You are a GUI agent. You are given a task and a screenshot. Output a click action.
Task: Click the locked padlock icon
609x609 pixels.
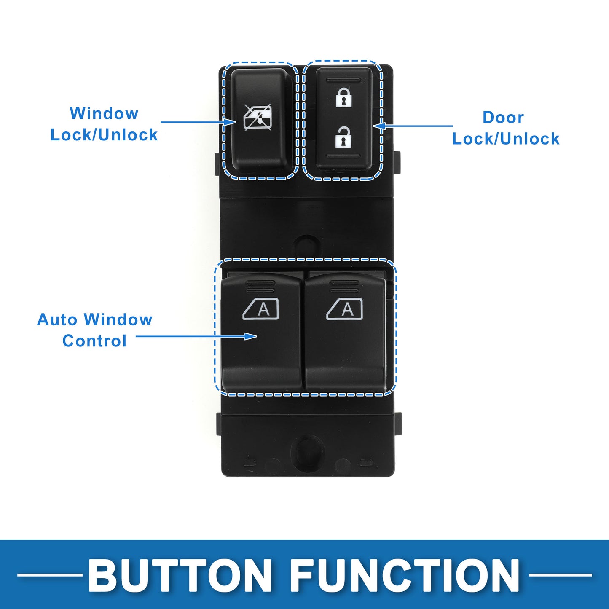343,98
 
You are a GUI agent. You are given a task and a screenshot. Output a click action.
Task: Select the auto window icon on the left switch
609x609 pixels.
261,309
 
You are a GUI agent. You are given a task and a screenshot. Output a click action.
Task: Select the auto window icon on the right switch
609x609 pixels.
344,309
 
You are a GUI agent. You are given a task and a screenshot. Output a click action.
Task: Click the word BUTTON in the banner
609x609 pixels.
180,575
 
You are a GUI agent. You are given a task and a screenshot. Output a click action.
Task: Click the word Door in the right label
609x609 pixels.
503,118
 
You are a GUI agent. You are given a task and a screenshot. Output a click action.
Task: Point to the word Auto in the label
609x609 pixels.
57,319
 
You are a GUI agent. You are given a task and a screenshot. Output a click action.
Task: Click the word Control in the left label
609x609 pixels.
94,341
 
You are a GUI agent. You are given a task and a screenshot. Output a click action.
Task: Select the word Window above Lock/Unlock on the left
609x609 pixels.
104,113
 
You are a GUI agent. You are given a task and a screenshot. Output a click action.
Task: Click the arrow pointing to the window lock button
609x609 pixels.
199,122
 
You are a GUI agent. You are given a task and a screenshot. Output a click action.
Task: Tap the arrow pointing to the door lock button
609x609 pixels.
413,126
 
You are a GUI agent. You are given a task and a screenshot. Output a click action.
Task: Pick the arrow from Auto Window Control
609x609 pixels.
196,336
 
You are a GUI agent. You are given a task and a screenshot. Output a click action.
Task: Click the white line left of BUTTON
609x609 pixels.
50,575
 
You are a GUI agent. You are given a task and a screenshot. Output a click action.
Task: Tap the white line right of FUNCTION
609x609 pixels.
560,575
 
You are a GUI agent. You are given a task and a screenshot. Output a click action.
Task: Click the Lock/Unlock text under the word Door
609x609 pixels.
506,139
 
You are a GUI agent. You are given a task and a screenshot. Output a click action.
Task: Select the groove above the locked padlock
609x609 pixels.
343,79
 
